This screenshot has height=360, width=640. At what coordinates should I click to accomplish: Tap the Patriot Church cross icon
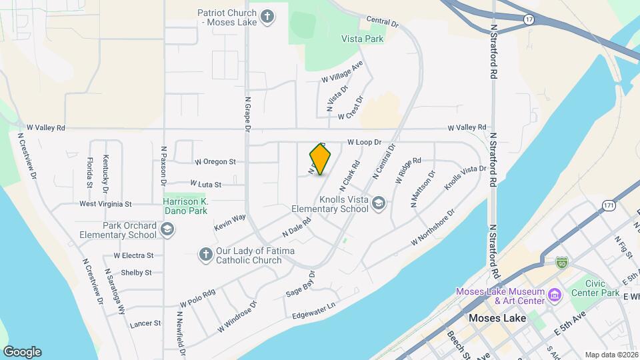tap(267, 17)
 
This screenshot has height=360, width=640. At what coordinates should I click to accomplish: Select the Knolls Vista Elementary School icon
tap(379, 202)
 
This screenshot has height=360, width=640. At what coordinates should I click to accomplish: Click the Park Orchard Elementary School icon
tap(167, 229)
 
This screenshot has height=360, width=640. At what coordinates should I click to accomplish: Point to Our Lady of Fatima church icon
tap(205, 254)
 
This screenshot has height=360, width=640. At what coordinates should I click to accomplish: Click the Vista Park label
tap(363, 39)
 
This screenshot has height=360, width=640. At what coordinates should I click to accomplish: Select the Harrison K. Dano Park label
tap(187, 206)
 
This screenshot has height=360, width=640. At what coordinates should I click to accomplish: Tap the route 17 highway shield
tap(529, 20)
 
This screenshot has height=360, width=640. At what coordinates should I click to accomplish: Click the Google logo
tap(22, 352)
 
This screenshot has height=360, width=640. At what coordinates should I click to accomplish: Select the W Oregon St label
tap(215, 161)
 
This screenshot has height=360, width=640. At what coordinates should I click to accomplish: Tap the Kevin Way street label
tap(230, 223)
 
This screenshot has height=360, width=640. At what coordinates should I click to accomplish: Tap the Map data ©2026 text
tap(611, 355)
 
